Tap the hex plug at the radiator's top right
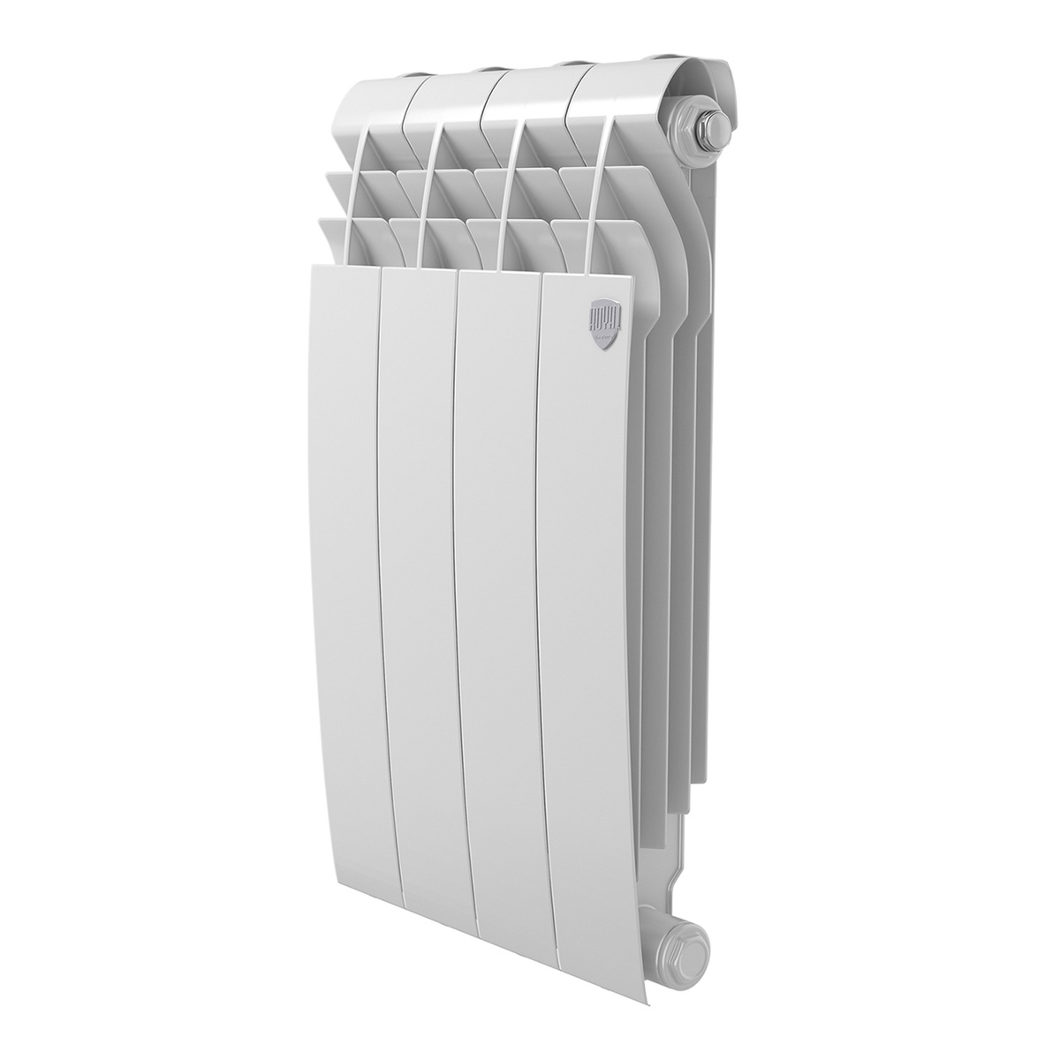[x=697, y=125]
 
